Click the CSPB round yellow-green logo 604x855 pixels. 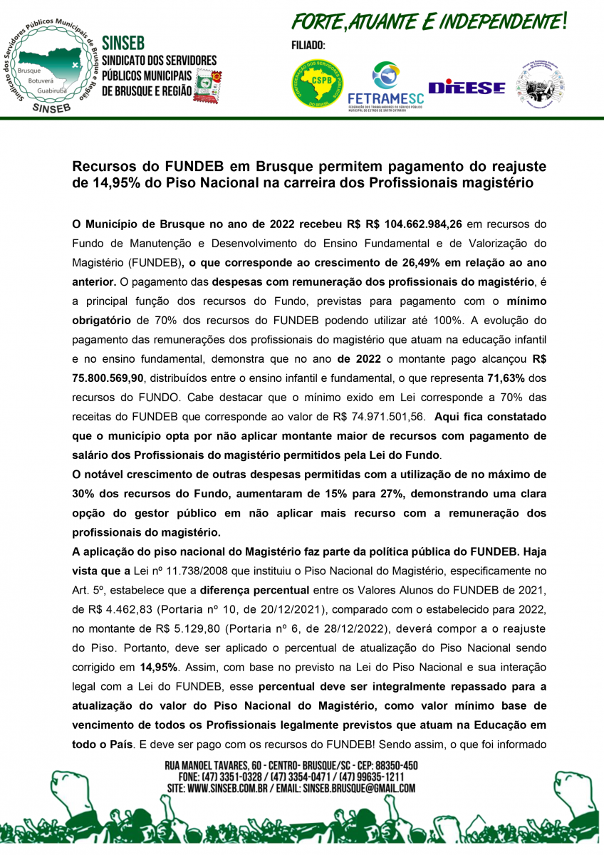click(317, 83)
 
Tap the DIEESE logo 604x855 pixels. click(467, 87)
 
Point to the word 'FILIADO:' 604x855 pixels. click(308, 45)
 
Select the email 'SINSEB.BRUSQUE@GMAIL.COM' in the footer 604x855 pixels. click(359, 788)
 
